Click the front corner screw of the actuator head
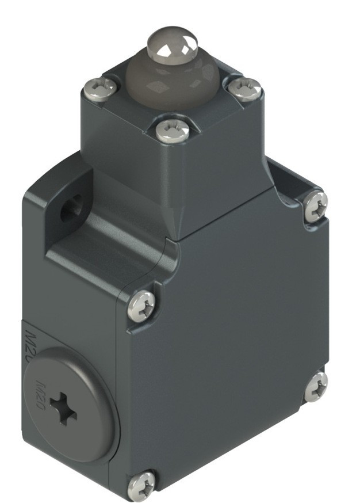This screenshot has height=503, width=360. click(173, 131)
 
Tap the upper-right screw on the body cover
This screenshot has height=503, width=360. click(315, 205)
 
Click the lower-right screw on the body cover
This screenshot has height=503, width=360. click(315, 386)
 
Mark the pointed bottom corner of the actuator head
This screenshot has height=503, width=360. click(175, 236)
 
